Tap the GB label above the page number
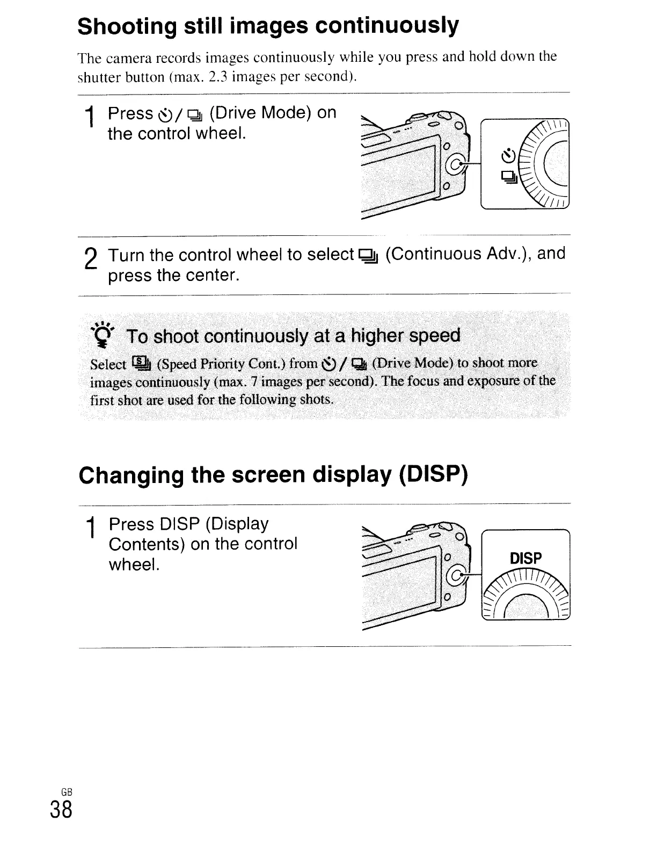(x=66, y=792)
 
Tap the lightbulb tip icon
(x=101, y=332)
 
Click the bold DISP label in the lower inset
(x=525, y=559)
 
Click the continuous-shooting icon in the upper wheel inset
(x=509, y=176)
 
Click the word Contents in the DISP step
(x=147, y=544)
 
